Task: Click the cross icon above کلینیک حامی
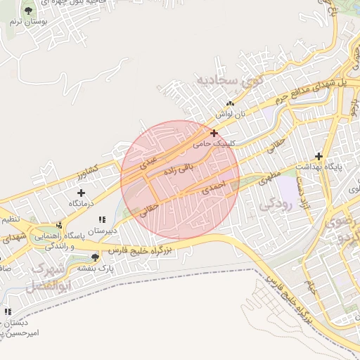coord(214,132)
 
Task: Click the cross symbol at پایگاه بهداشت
coord(319,156)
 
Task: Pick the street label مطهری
coord(271,174)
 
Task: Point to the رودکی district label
coord(276,204)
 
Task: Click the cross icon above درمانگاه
coord(81,192)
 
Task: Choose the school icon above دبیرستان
coord(102,219)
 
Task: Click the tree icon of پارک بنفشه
coord(96,257)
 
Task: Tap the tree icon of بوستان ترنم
coord(28,11)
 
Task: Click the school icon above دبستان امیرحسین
coord(8,311)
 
